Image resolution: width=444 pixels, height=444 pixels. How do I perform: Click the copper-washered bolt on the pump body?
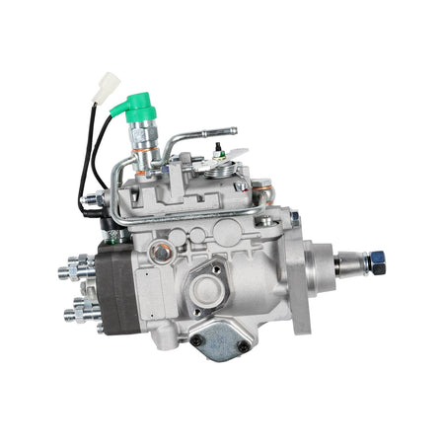coord(160,253)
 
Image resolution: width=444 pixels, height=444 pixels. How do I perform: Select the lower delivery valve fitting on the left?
coord(77,314)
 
